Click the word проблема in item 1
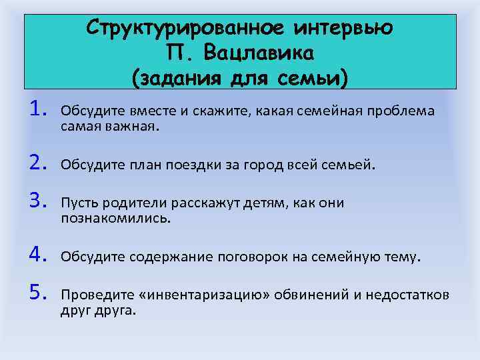coord(403,111)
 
